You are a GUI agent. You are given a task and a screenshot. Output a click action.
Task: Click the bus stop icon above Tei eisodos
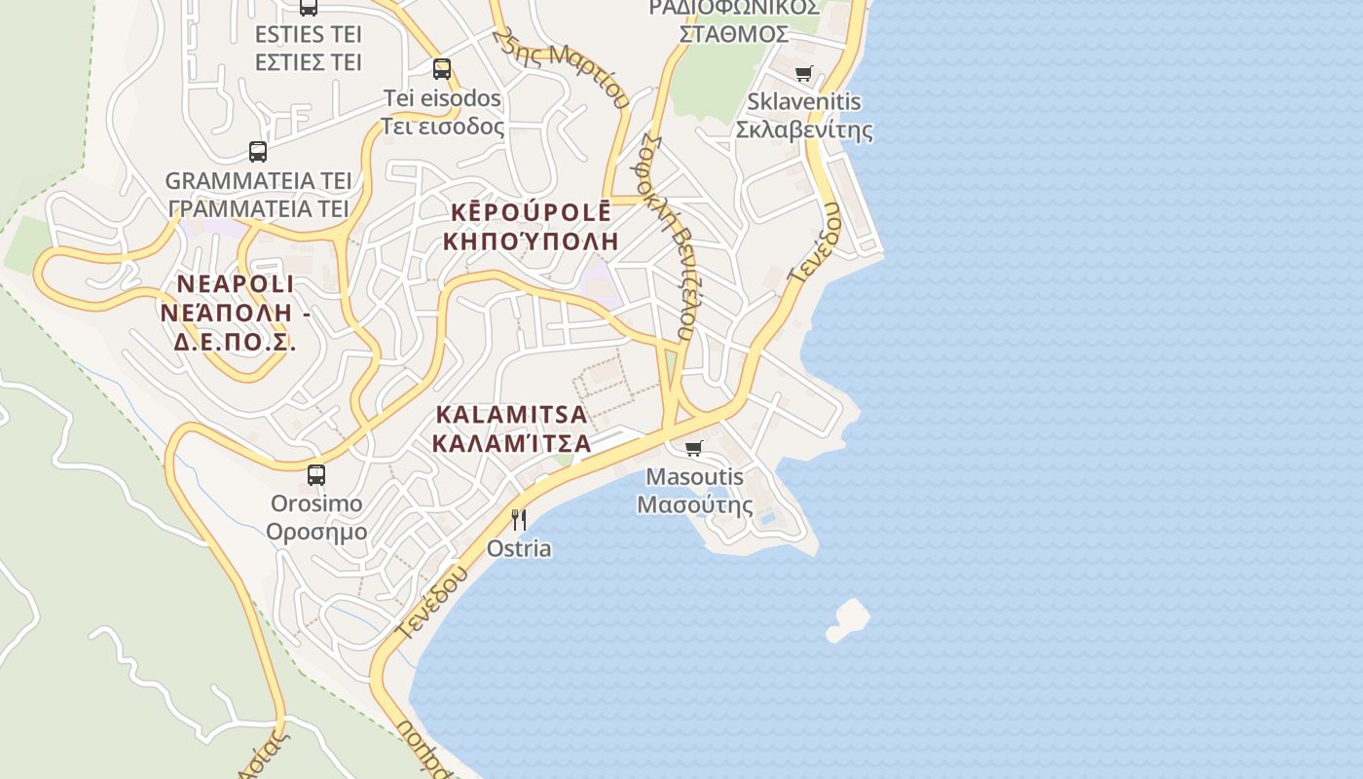click(x=442, y=69)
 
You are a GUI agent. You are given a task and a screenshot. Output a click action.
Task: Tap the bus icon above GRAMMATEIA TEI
click(x=258, y=152)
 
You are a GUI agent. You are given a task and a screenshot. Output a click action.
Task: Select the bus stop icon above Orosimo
click(x=316, y=475)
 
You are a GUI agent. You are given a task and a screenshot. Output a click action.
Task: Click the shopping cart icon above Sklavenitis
click(x=803, y=74)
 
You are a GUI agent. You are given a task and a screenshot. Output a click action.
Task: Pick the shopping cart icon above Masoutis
click(x=693, y=449)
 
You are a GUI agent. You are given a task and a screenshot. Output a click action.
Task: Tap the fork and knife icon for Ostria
click(x=519, y=520)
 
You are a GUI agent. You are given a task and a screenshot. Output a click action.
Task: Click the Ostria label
click(x=519, y=548)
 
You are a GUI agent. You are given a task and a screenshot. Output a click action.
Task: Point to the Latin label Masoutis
click(x=694, y=477)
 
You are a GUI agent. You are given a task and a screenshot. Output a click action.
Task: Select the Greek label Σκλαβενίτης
click(x=803, y=130)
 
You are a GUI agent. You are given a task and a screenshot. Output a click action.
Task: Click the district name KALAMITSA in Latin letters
click(x=511, y=415)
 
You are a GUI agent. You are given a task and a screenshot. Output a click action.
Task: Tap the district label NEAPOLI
click(x=235, y=284)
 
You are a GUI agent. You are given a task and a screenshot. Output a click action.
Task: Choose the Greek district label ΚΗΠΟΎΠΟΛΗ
click(x=531, y=241)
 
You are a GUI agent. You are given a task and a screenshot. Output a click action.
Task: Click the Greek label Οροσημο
click(x=316, y=532)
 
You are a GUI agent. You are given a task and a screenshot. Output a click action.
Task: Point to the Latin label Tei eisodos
click(x=442, y=98)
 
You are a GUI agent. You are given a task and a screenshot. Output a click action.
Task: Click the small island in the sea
click(x=848, y=619)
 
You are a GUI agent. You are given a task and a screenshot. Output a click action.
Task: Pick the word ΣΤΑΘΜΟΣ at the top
click(x=733, y=34)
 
